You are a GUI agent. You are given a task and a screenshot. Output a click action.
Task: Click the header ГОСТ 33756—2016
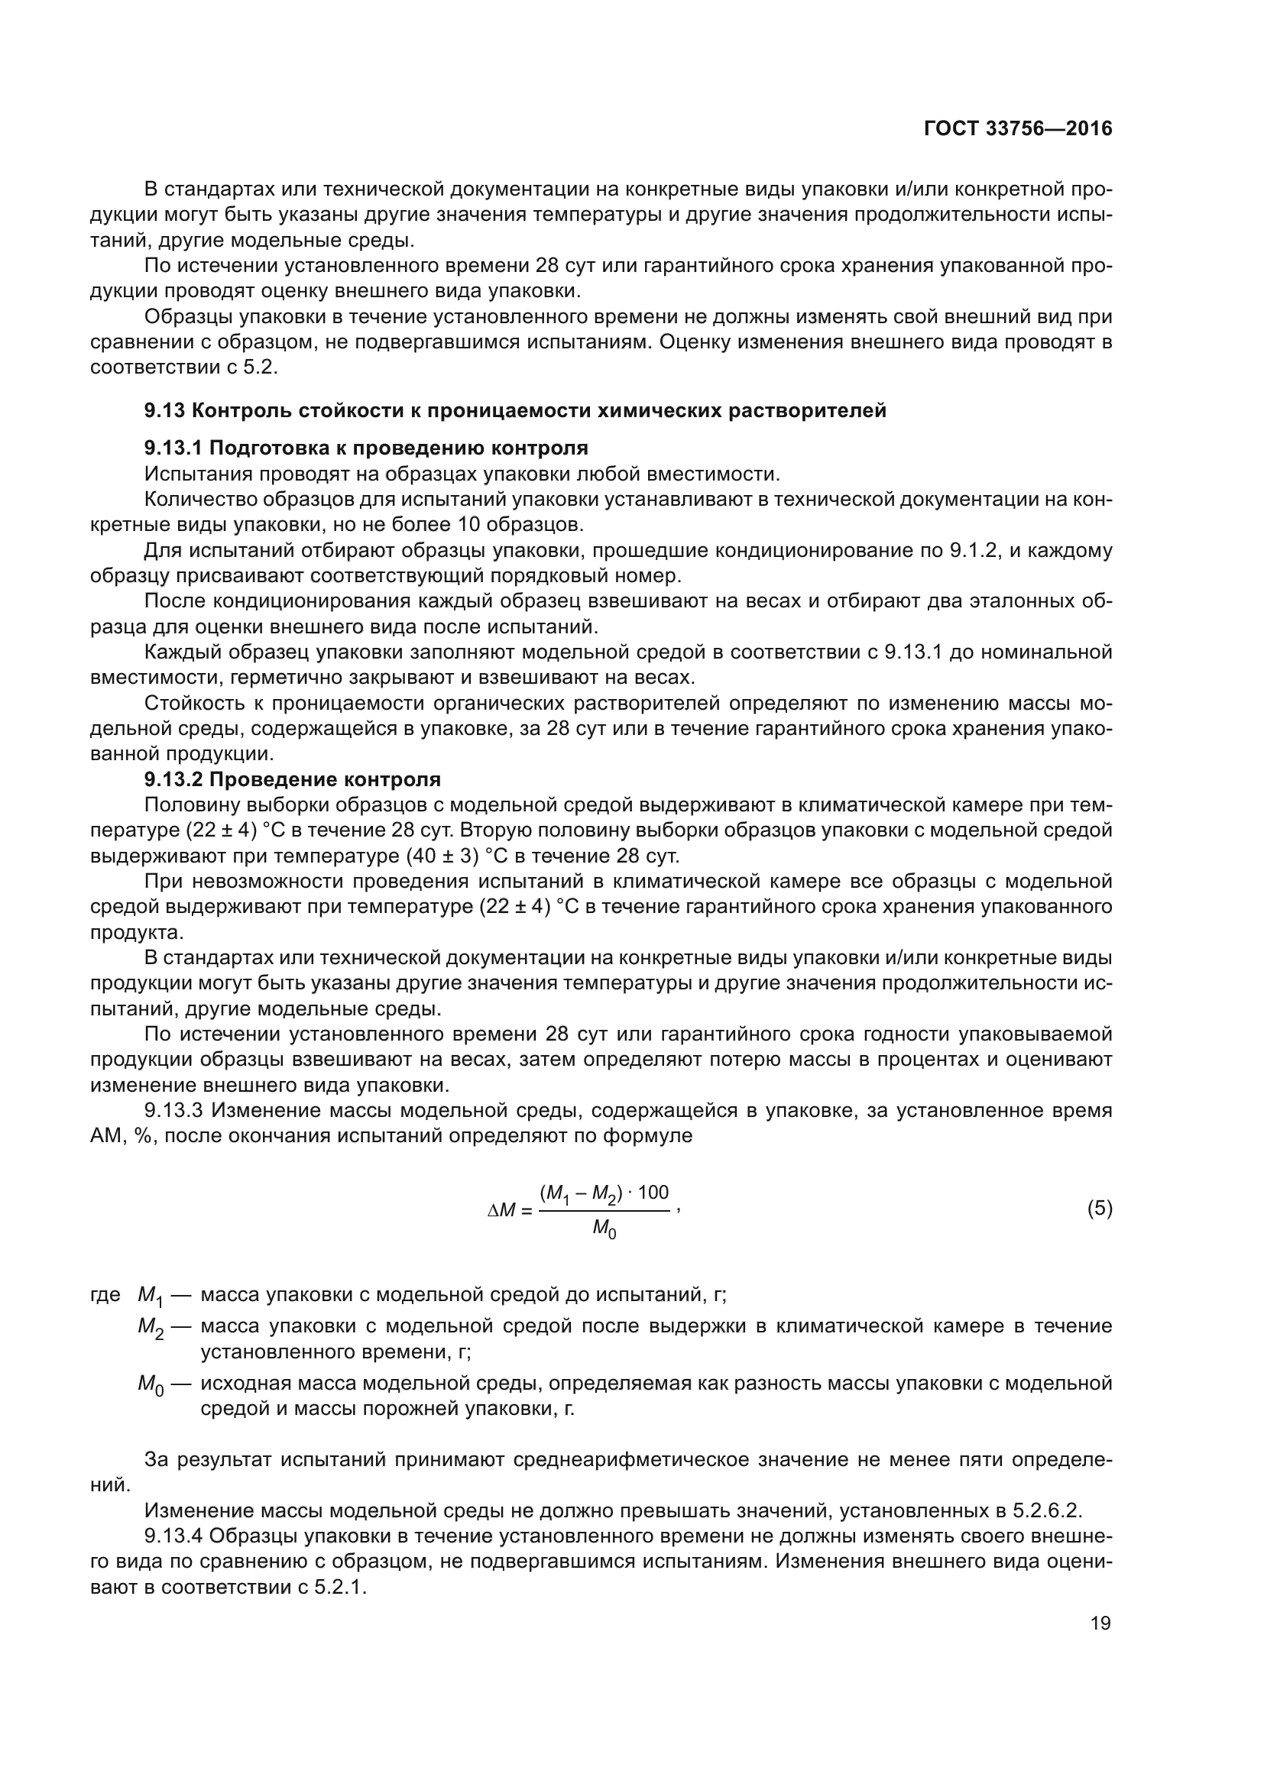tap(1017, 128)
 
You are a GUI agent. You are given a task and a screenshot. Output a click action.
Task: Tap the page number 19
tap(1100, 1623)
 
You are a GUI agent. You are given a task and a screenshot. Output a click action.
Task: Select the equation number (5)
tap(1099, 1208)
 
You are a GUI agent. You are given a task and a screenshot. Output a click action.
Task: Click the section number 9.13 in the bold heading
tap(164, 410)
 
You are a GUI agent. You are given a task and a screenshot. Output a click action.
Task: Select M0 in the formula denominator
tap(604, 1230)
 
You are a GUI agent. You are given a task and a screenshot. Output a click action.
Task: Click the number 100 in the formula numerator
tap(652, 1192)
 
